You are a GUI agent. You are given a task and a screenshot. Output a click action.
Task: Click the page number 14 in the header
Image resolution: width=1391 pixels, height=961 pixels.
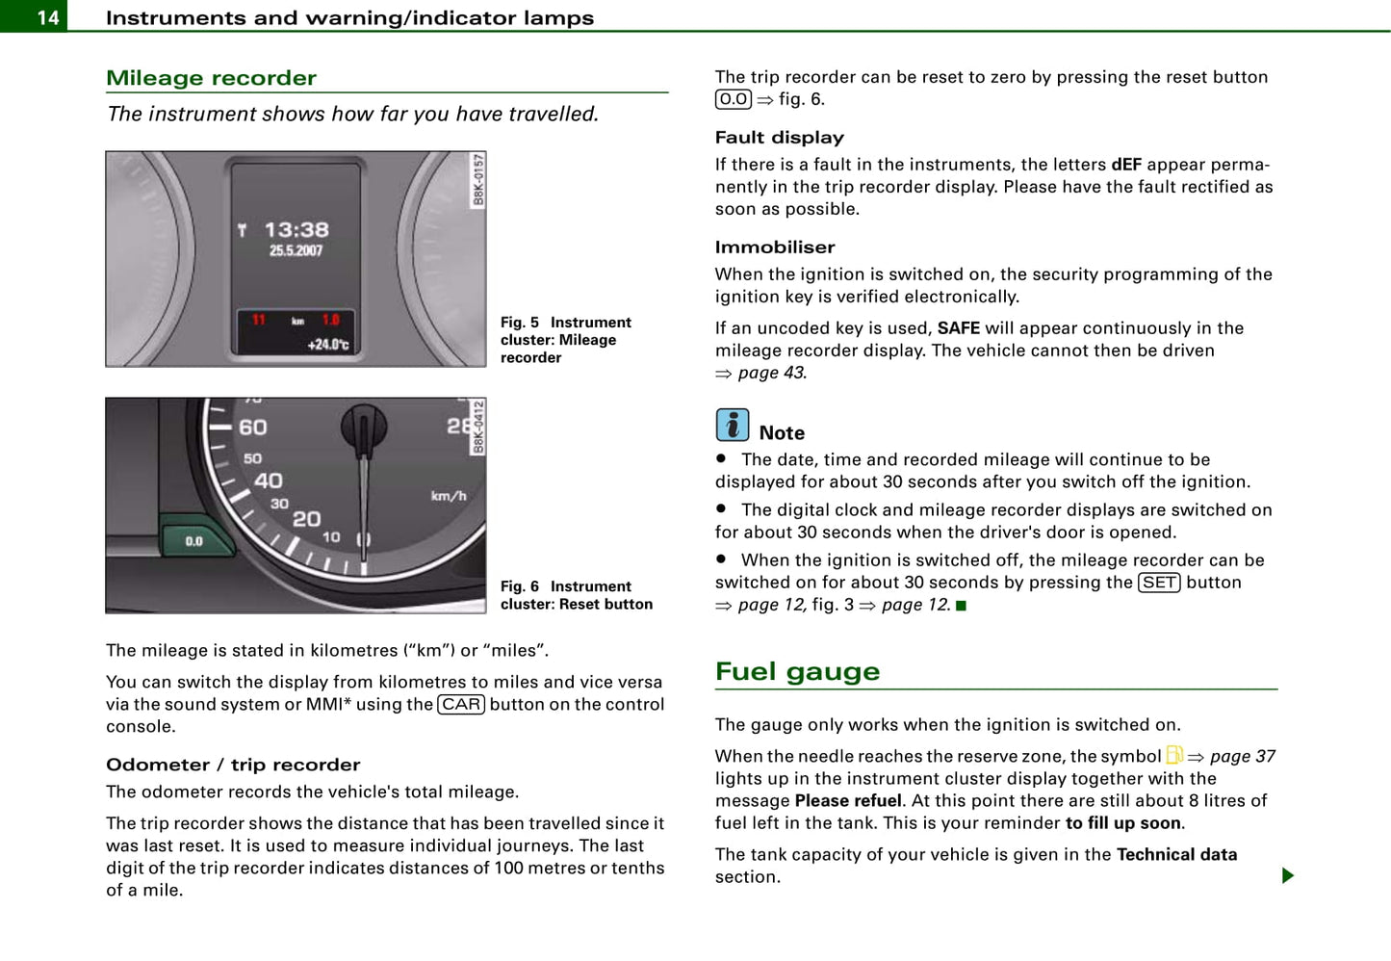pyautogui.click(x=47, y=17)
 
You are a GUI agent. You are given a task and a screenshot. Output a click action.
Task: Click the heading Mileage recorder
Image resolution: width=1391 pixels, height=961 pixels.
pyautogui.click(x=211, y=78)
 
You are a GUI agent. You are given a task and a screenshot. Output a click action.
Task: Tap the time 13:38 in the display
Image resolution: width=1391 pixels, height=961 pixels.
pyautogui.click(x=296, y=230)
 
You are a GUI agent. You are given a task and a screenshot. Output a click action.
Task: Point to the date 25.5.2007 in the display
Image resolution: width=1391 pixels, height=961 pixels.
pyautogui.click(x=296, y=251)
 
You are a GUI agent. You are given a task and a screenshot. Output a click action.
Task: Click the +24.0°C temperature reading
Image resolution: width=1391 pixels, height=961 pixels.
pyautogui.click(x=328, y=345)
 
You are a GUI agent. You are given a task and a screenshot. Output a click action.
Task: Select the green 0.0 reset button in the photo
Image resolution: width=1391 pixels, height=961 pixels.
pyautogui.click(x=195, y=541)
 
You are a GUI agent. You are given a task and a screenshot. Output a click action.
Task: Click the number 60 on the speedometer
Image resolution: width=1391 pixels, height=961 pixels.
pyautogui.click(x=253, y=428)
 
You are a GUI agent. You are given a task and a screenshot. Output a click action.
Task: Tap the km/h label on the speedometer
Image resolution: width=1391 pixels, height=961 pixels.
pyautogui.click(x=449, y=496)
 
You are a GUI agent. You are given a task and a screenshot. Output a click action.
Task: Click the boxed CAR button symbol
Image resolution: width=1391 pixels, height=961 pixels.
pyautogui.click(x=461, y=705)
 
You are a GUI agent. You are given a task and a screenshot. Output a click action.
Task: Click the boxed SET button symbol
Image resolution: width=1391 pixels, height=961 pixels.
pyautogui.click(x=1159, y=583)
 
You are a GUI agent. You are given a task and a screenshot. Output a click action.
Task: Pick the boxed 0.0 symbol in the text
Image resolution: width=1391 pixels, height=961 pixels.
pyautogui.click(x=734, y=99)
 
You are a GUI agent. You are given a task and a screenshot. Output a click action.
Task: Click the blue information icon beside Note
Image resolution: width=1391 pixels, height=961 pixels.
pyautogui.click(x=733, y=425)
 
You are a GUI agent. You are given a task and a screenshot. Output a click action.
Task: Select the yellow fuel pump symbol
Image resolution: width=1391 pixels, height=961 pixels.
pyautogui.click(x=1174, y=755)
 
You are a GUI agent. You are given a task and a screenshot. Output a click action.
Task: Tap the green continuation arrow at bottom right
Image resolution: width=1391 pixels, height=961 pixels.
pyautogui.click(x=1287, y=875)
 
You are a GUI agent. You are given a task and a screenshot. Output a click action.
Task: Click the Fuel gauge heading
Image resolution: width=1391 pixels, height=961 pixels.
pyautogui.click(x=797, y=671)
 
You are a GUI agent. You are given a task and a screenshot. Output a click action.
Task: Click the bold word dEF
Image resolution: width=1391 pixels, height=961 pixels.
pyautogui.click(x=1125, y=165)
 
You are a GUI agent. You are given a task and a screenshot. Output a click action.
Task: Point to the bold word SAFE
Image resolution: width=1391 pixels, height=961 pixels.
pyautogui.click(x=958, y=328)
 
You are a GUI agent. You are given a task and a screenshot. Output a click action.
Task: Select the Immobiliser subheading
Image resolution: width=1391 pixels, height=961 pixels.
pyautogui.click(x=775, y=247)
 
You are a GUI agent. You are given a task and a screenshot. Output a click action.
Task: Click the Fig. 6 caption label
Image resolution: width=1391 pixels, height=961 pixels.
pyautogui.click(x=520, y=586)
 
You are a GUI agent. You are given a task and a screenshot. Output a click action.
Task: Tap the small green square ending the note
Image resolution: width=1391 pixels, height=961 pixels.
pyautogui.click(x=961, y=606)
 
